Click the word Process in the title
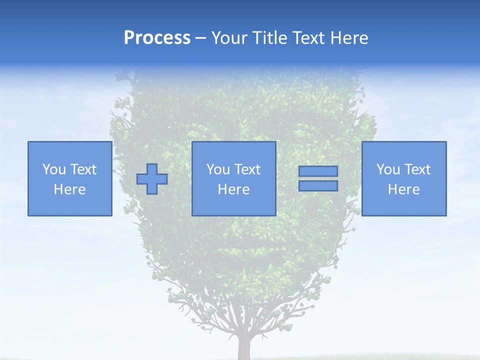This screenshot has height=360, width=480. pyautogui.click(x=157, y=38)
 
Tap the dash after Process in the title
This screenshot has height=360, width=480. pyautogui.click(x=201, y=38)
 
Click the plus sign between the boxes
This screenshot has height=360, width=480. pyautogui.click(x=152, y=179)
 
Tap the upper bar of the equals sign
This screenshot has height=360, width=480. pyautogui.click(x=318, y=171)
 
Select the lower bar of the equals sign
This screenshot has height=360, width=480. pyautogui.click(x=318, y=185)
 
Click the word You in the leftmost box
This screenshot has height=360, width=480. pyautogui.click(x=54, y=169)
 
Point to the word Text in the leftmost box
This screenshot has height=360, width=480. pyautogui.click(x=83, y=169)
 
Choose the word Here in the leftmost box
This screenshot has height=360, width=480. pyautogui.click(x=69, y=189)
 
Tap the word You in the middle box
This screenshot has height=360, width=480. pyautogui.click(x=218, y=169)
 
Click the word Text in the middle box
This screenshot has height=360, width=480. pyautogui.click(x=247, y=169)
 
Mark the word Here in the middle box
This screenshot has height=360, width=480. pyautogui.click(x=233, y=189)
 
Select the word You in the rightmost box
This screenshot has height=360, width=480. pyautogui.click(x=388, y=169)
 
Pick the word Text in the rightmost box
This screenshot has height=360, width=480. pyautogui.click(x=417, y=169)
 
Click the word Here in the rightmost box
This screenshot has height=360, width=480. pyautogui.click(x=403, y=189)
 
